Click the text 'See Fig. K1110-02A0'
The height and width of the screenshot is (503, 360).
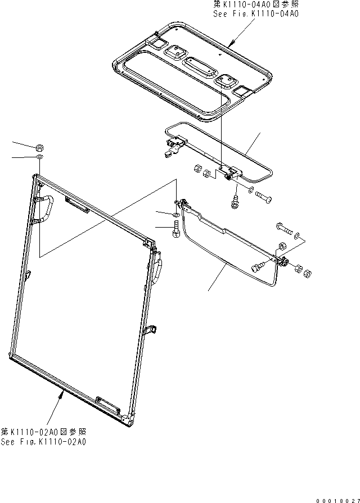pyautogui.click(x=43, y=442)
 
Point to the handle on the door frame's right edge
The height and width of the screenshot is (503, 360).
pyautogui.click(x=158, y=270)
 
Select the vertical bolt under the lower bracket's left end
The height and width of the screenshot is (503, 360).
pyautogui.click(x=176, y=231)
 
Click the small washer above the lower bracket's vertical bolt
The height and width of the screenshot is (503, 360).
pyautogui.click(x=176, y=215)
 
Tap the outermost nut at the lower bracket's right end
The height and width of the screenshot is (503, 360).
pyautogui.click(x=308, y=274)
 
